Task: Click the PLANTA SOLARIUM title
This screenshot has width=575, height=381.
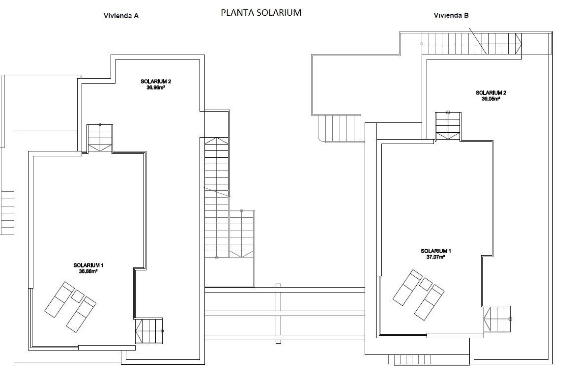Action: coord(260,13)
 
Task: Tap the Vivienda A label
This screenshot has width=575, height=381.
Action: coord(121,16)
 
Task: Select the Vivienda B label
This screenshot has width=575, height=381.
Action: coord(451,15)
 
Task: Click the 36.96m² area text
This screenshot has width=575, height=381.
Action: coord(155,88)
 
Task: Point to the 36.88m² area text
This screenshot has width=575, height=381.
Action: coord(88,271)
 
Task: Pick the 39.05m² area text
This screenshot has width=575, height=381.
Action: coord(490,98)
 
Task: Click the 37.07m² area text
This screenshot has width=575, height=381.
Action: coord(435,257)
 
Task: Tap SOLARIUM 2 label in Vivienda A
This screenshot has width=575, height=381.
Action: coord(155,82)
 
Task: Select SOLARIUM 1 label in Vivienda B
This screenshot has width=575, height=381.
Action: coord(435,251)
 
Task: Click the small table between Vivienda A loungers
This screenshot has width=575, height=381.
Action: coord(78,296)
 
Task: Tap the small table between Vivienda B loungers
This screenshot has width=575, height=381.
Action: coord(426,284)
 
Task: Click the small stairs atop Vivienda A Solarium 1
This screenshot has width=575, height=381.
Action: coord(100,138)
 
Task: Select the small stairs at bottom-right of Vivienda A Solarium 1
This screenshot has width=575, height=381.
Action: coord(149,331)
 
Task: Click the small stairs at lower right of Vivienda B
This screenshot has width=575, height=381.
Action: coord(497,319)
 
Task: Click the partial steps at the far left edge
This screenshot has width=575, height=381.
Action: coord(7,213)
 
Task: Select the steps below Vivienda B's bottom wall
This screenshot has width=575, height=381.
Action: coord(410,359)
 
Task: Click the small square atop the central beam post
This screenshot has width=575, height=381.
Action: coord(278,285)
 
